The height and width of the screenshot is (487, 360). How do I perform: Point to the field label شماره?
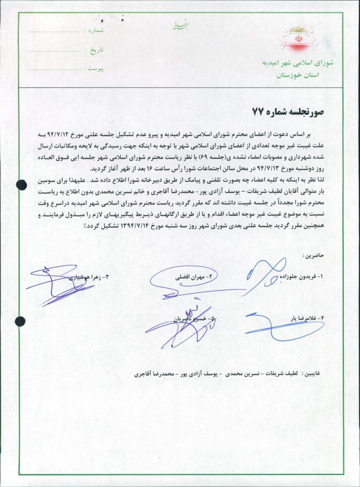(94, 30)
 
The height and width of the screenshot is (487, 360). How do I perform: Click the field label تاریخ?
(94, 49)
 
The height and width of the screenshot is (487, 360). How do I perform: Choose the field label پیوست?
(94, 68)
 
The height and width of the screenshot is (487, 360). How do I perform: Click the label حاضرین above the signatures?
(312, 255)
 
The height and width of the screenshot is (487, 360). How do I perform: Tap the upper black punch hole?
(21, 185)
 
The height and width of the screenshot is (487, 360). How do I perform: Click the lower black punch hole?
(20, 321)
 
